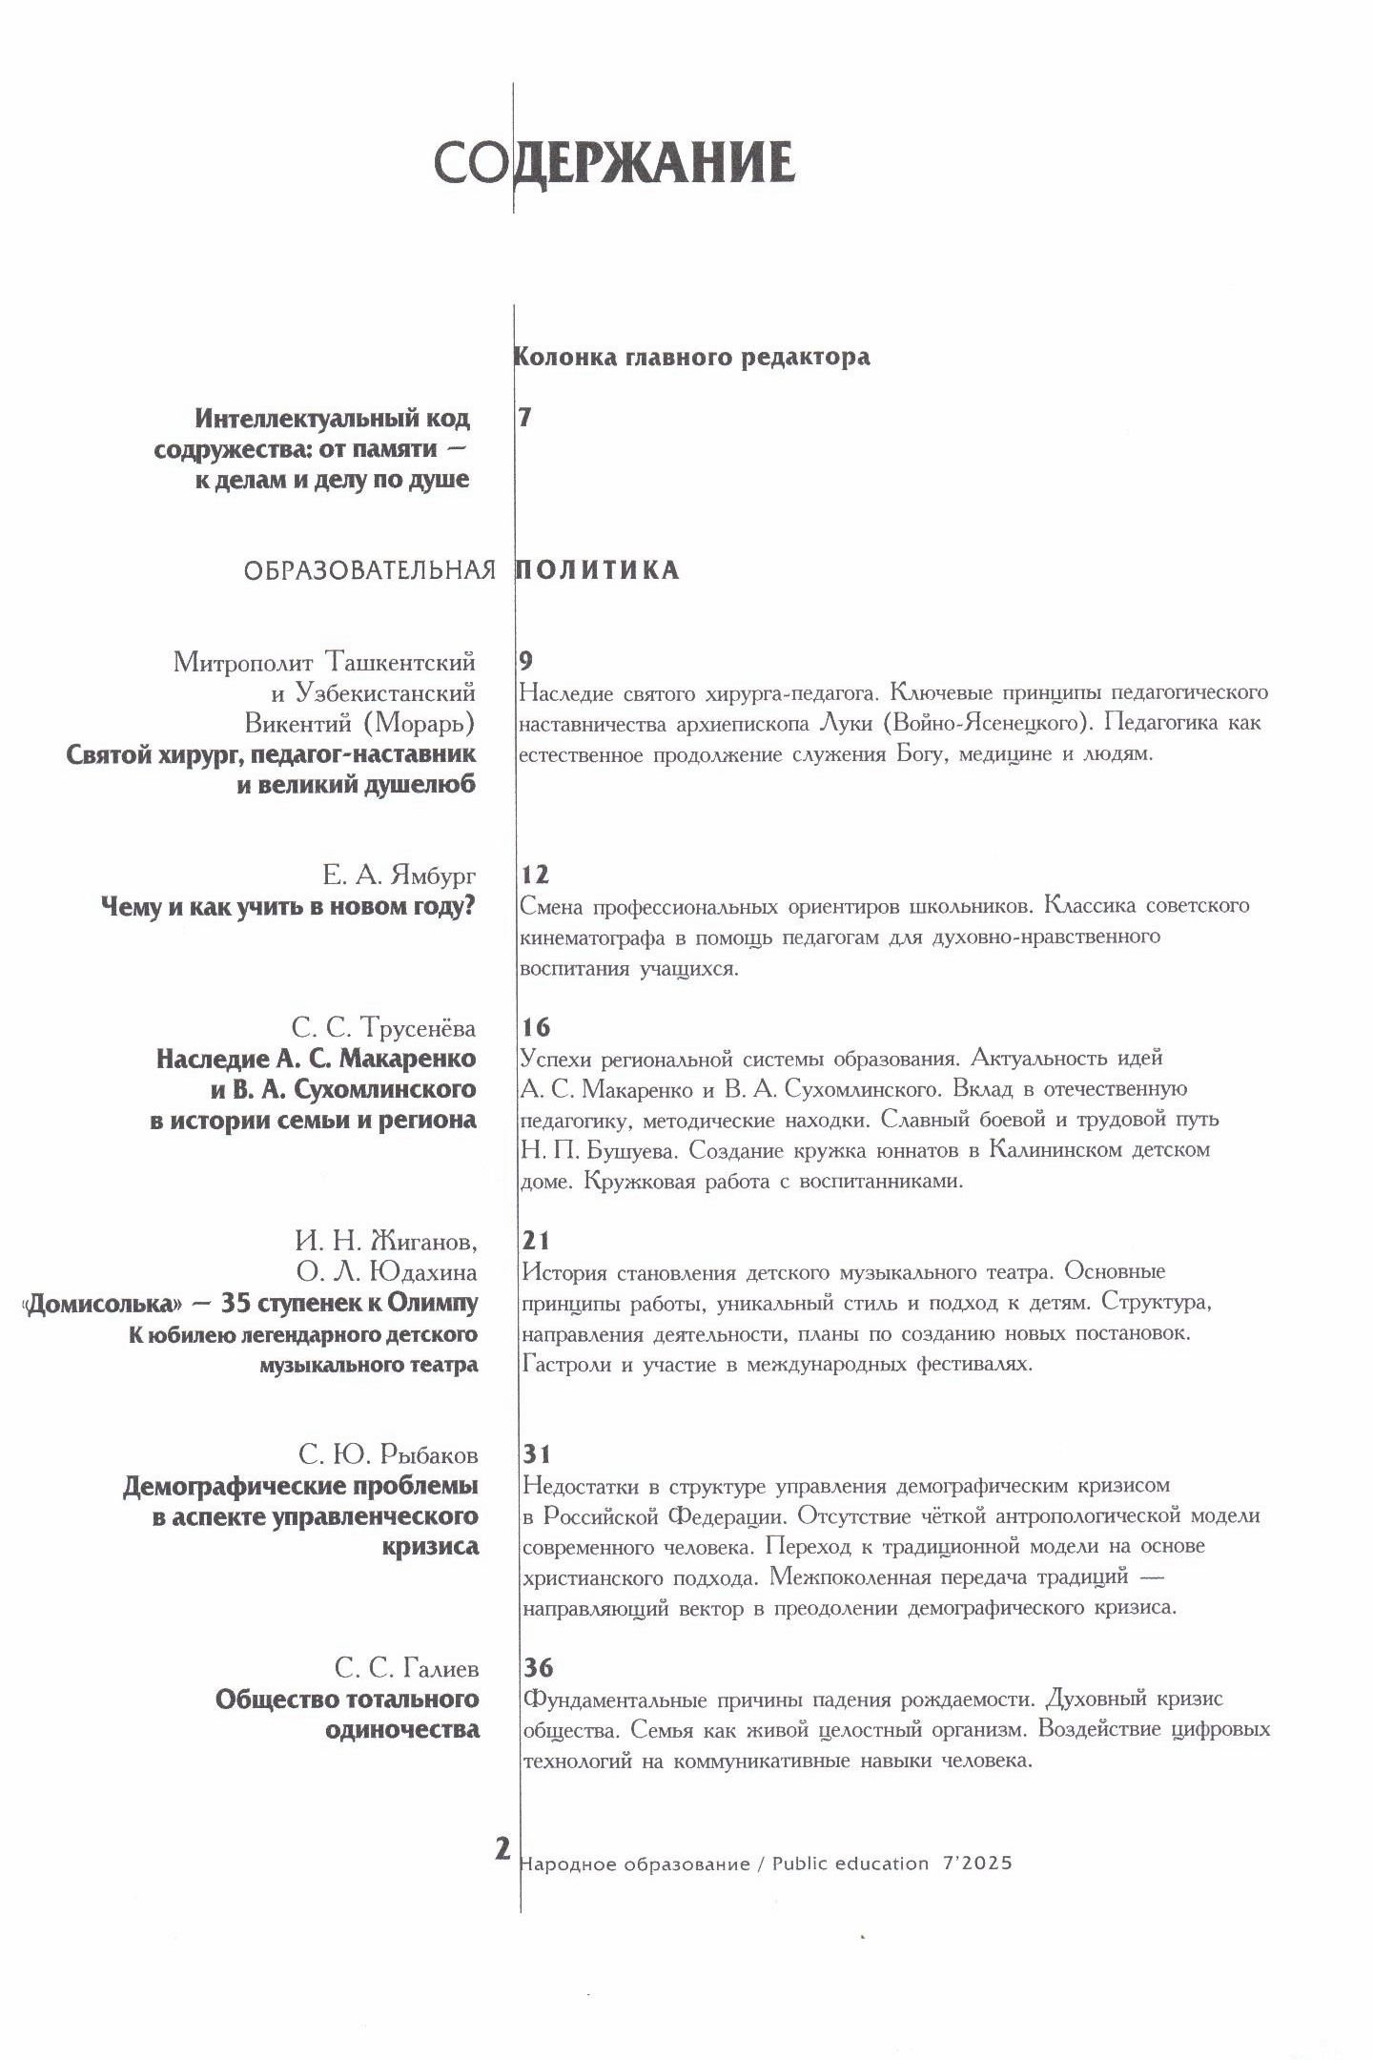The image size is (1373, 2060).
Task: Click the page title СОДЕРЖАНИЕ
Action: coord(614,163)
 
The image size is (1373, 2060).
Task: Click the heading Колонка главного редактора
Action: coord(692,358)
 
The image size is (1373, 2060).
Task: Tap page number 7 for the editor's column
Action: coord(525,417)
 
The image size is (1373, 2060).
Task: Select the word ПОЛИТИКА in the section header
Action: coord(598,570)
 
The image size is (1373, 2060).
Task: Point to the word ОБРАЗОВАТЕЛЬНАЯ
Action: coord(370,570)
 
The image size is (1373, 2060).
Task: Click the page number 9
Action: coord(526,660)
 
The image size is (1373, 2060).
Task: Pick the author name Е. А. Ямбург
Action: coord(400,875)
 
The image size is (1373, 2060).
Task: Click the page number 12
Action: coord(536,875)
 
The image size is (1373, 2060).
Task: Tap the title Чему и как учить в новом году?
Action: coord(288,906)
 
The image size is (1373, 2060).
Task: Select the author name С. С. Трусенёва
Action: coord(384,1027)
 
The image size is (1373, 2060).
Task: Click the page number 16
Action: coord(536,1027)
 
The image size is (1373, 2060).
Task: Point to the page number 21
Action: coord(537,1240)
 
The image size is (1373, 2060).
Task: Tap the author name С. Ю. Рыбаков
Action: coord(388,1454)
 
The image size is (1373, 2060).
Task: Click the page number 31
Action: coord(537,1453)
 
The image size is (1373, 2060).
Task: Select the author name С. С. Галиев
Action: coord(406,1668)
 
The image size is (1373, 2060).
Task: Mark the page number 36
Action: coord(538,1667)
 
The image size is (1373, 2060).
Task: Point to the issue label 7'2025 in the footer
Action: coord(976,1864)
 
